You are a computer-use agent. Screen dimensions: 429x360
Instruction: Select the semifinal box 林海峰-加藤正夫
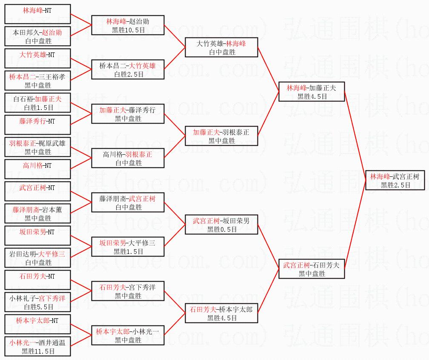[311, 92]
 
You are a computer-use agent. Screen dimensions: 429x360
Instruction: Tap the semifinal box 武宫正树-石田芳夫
[311, 269]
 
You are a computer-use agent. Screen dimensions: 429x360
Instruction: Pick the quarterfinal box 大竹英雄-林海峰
[222, 47]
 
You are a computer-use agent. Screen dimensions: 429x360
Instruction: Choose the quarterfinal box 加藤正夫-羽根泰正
[222, 136]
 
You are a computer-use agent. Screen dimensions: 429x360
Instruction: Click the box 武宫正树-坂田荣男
[222, 225]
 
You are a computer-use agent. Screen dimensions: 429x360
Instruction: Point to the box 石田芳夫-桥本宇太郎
[222, 313]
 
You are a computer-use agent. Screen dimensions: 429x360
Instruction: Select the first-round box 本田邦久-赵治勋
[37, 36]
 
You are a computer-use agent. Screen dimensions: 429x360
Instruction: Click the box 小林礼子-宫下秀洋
[37, 302]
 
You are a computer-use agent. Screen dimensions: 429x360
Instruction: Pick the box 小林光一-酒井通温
[37, 346]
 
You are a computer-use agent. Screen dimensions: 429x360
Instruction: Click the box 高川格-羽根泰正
[128, 158]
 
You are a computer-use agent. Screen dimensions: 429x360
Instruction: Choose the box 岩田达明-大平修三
[37, 258]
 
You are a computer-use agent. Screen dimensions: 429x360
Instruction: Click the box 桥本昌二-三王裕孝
[37, 81]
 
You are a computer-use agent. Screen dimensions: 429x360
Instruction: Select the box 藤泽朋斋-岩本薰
[37, 213]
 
